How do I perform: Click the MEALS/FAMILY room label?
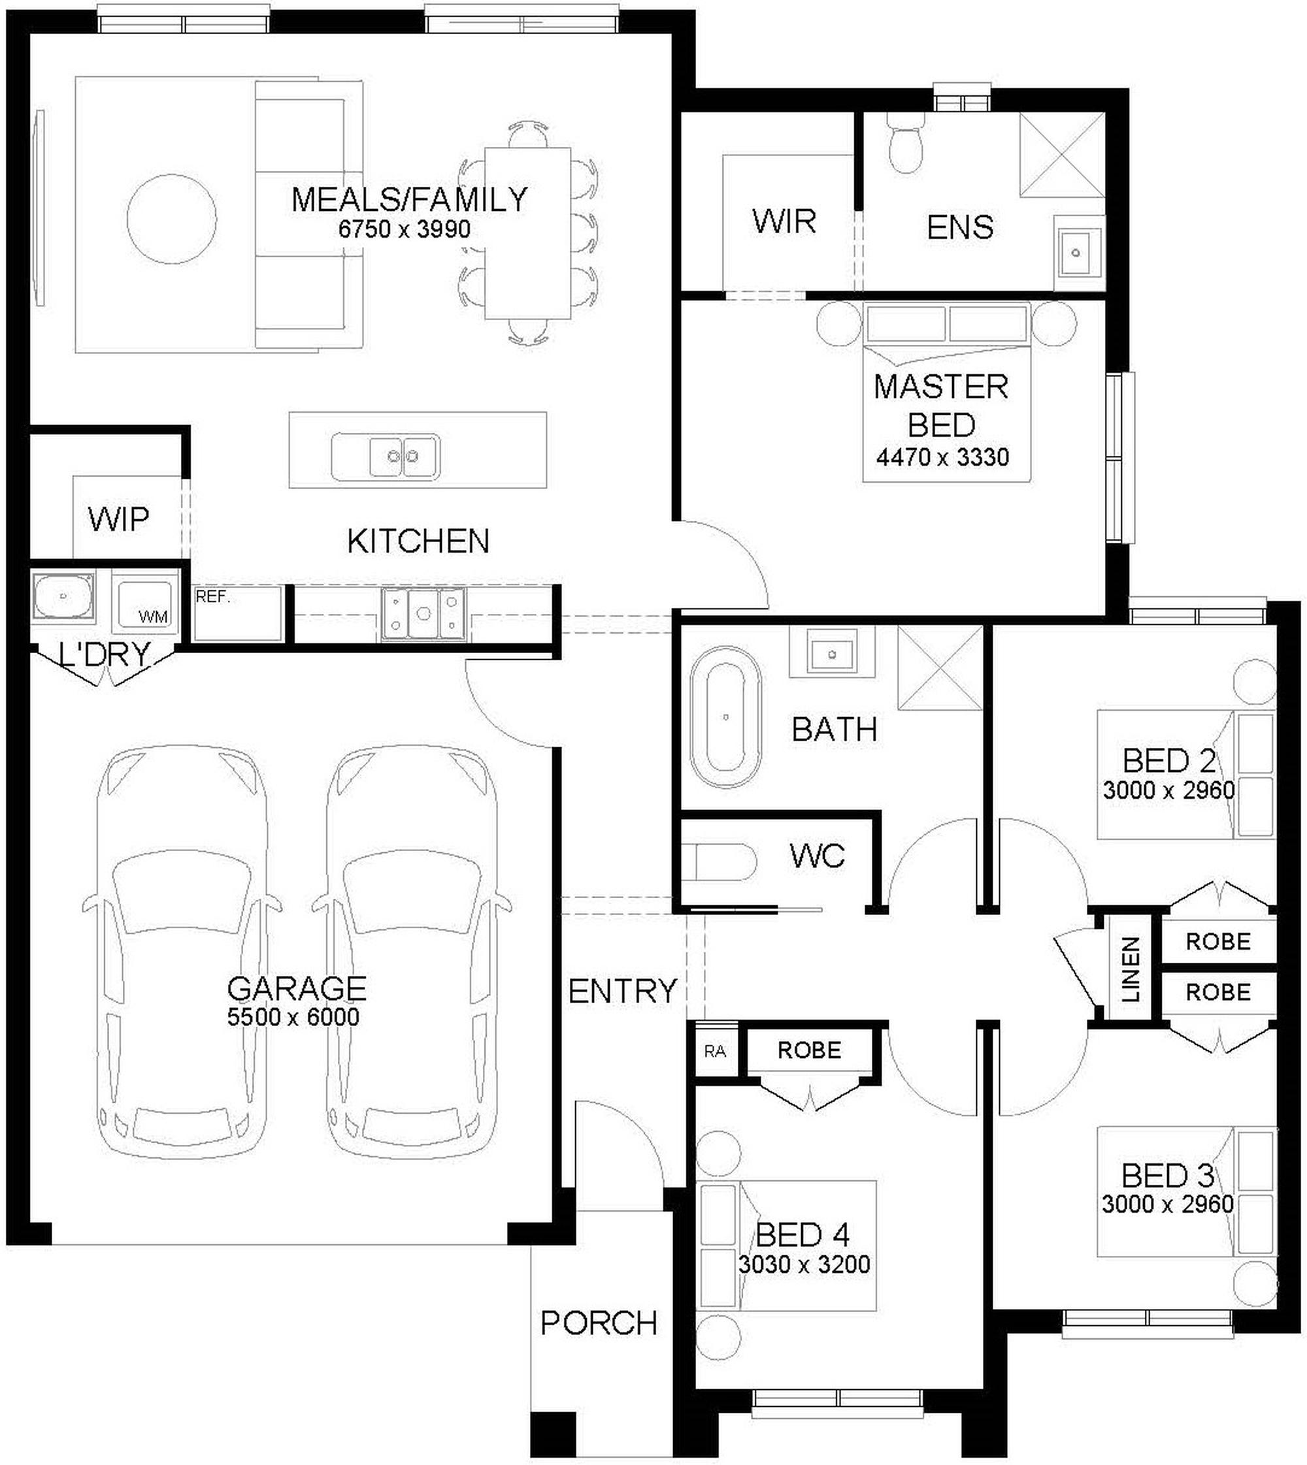[409, 200]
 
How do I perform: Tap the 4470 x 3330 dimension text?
[942, 457]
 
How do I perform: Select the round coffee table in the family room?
[171, 219]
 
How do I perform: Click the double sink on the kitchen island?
[386, 457]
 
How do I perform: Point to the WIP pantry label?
[118, 519]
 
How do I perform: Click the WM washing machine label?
[153, 617]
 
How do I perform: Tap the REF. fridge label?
[212, 597]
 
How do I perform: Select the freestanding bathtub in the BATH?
[725, 717]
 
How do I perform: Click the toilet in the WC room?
[718, 862]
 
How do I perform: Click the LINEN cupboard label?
[1131, 969]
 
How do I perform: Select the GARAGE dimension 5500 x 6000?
[293, 1017]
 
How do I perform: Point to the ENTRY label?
[623, 992]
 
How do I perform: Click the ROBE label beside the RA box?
[809, 1050]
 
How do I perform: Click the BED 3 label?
[1168, 1176]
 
